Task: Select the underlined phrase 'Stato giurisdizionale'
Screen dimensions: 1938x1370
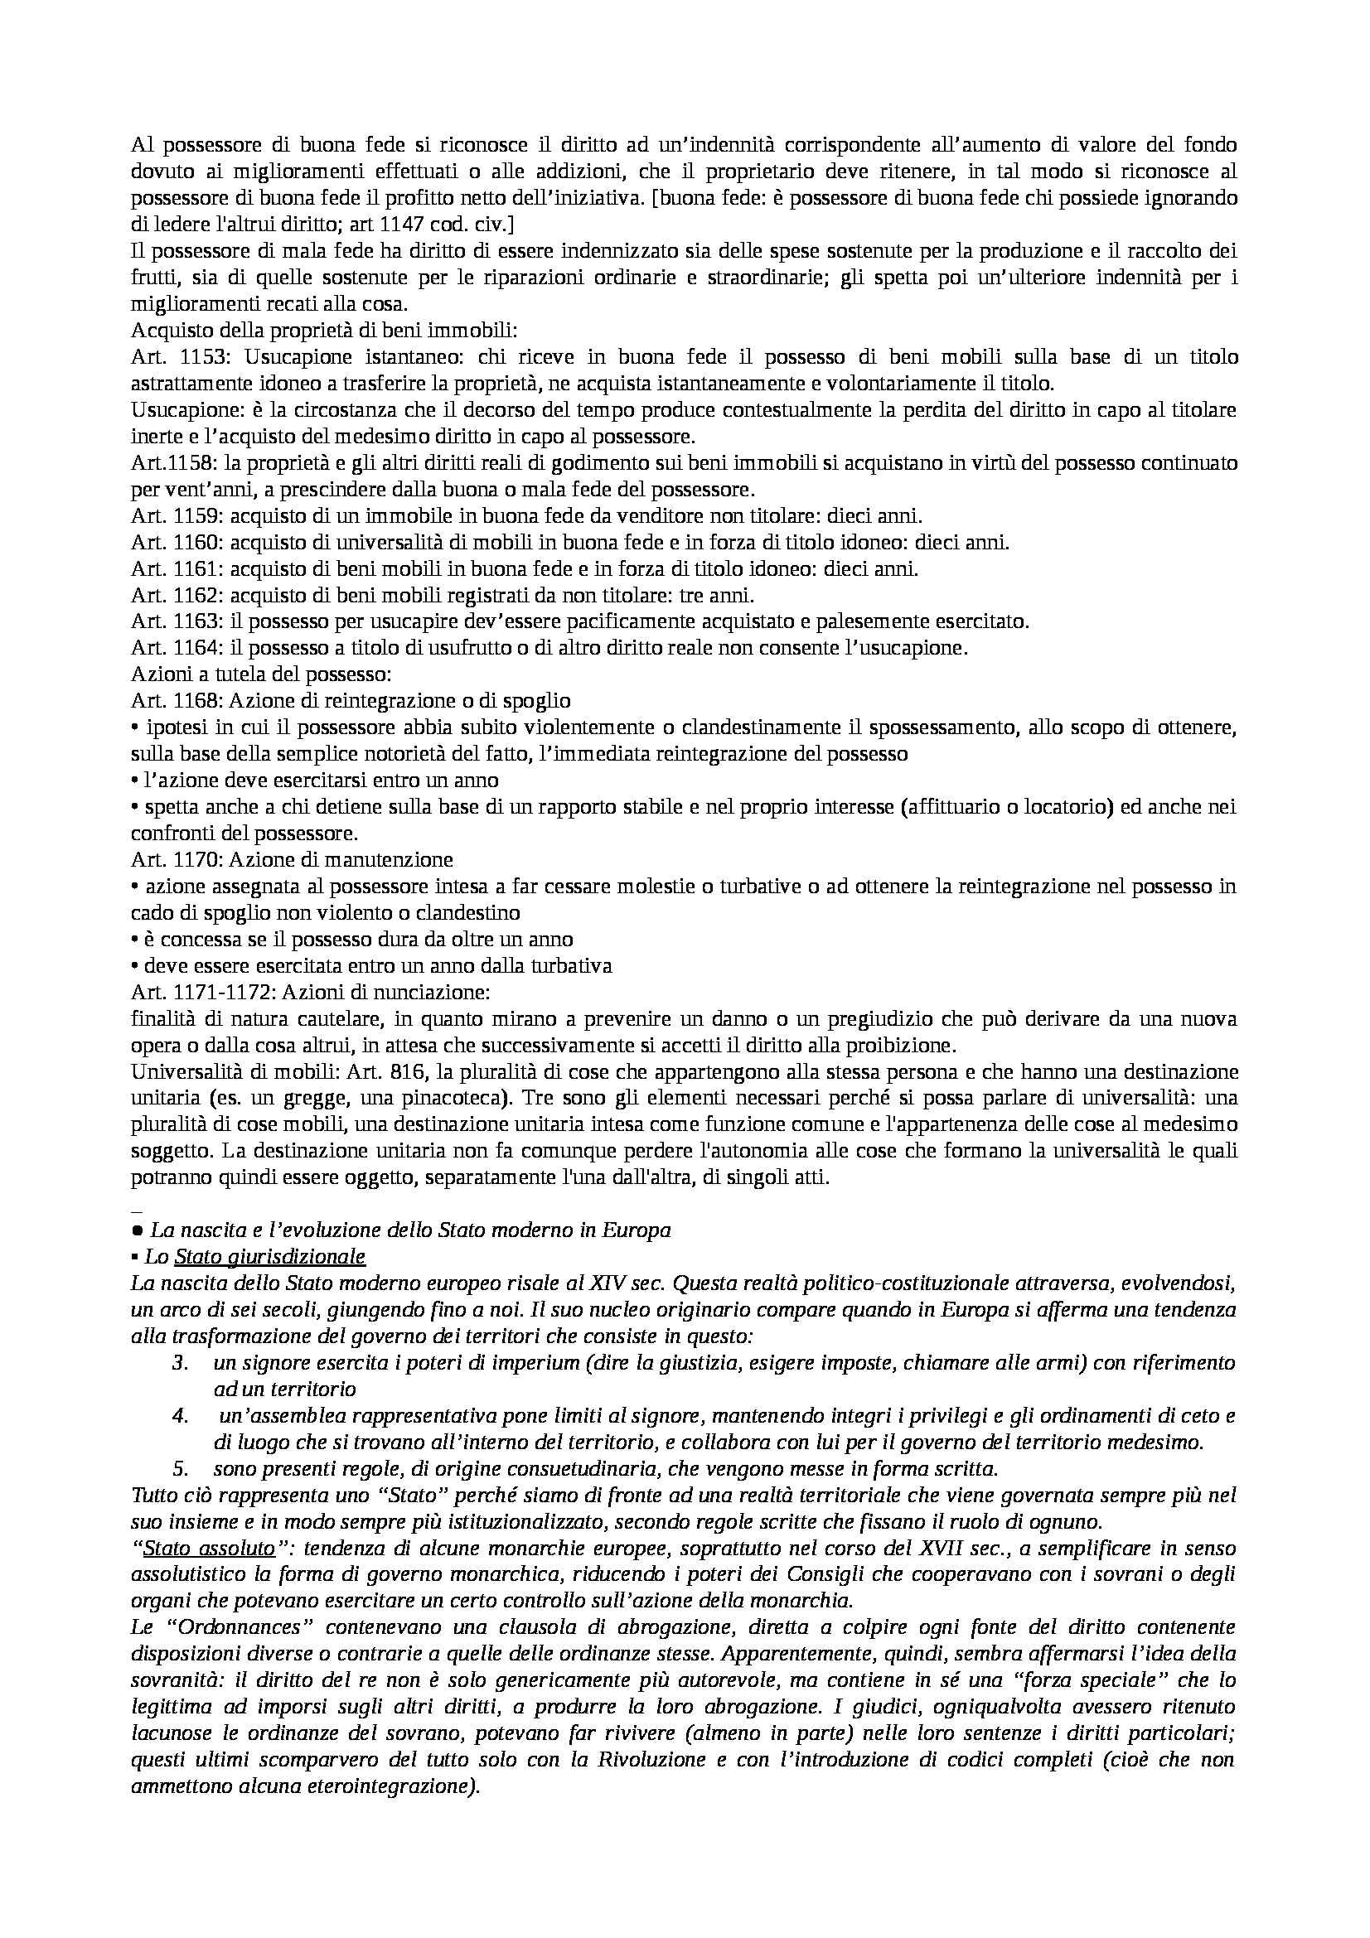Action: pos(269,1257)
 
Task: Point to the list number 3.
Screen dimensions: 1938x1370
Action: pos(178,1363)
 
